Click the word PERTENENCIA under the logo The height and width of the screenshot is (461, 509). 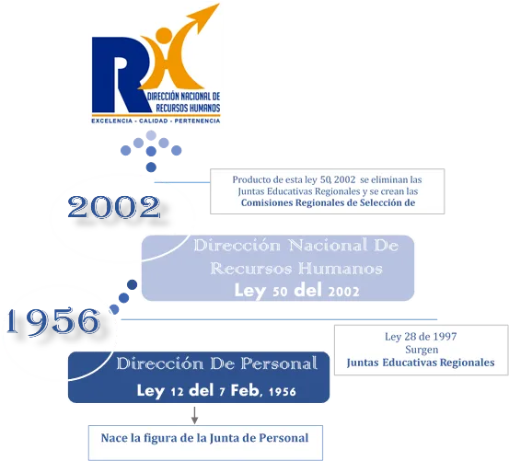197,121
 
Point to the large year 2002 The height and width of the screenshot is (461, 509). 114,207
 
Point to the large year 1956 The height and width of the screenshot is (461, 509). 52,321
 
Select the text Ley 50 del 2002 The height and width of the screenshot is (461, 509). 296,290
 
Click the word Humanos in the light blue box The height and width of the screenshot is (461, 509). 341,269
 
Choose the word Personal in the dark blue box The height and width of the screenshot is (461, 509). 279,363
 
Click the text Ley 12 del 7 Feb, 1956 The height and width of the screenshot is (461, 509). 216,390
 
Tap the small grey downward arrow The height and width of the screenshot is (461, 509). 194,415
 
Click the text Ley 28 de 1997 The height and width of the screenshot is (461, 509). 421,337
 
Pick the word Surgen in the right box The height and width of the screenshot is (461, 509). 422,350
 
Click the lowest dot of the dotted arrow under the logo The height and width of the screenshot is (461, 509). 151,167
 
